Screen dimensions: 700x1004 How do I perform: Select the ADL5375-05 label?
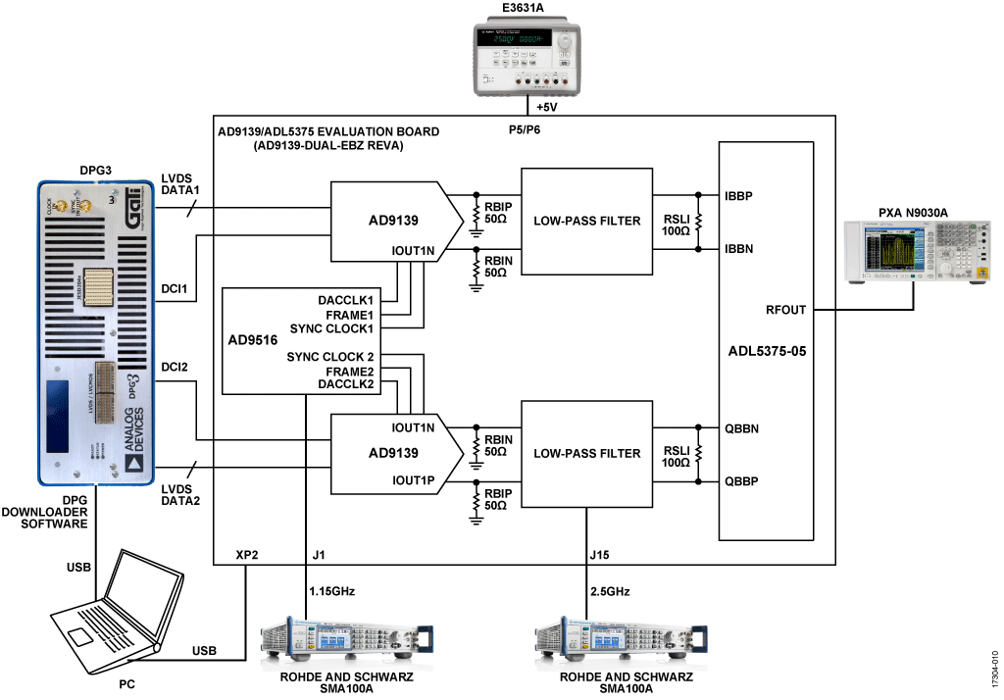766,349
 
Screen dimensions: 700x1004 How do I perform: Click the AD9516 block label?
248,341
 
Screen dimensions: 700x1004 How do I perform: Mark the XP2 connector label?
249,555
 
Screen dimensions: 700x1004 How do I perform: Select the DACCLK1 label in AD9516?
345,299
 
